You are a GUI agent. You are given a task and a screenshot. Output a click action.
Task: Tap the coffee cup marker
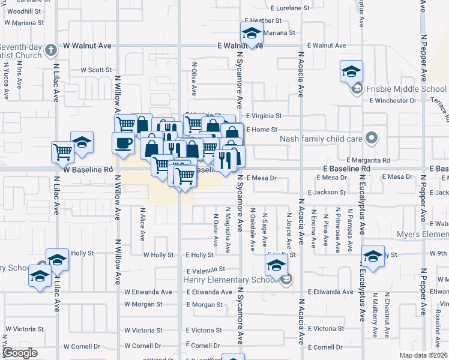[x=124, y=143]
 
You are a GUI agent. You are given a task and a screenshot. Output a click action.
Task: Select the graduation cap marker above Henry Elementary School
[x=277, y=264]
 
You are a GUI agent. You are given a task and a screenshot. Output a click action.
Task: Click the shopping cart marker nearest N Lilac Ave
[x=62, y=152]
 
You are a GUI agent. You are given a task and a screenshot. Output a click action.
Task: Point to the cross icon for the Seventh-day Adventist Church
[x=51, y=49]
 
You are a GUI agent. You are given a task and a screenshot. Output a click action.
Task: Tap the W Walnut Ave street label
[x=88, y=45]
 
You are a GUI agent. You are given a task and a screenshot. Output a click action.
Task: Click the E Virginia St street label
[x=264, y=116]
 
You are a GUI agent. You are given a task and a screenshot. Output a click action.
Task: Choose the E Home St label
[x=261, y=130]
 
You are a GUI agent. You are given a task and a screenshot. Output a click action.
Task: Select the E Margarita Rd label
[x=368, y=160]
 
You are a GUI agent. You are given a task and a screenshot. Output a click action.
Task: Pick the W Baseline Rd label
[x=88, y=170]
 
